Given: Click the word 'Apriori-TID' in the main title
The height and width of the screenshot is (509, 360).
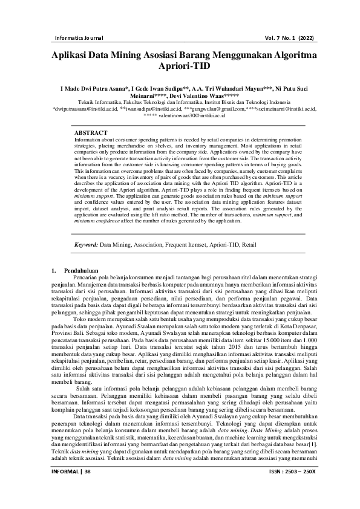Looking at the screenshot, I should click(x=180, y=66).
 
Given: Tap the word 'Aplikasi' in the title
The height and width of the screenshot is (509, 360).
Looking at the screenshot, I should click(x=73, y=54).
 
